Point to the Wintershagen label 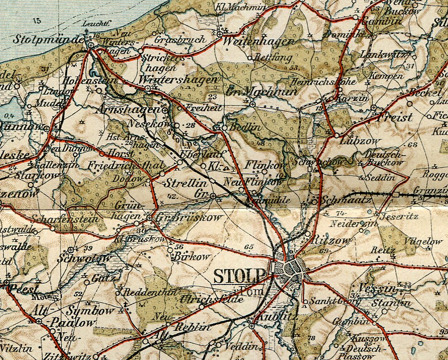(178, 80)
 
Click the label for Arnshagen (126, 109)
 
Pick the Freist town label (395, 117)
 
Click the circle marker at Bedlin (224, 127)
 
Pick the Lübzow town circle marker (336, 135)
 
